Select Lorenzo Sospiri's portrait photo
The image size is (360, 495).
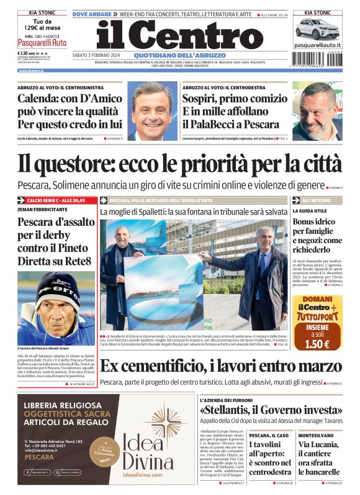point(317,112)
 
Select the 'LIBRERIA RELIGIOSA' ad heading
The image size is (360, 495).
point(68,406)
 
